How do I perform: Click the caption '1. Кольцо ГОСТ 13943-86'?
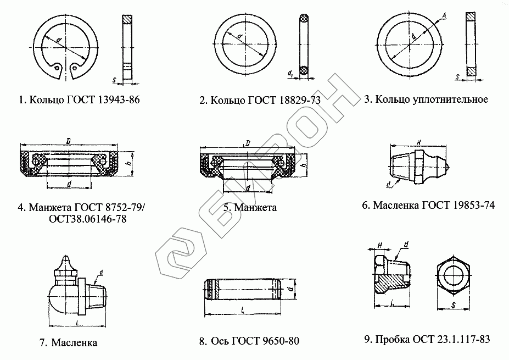point(75,100)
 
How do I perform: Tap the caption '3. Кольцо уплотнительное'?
point(426,99)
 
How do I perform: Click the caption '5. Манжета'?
point(250,208)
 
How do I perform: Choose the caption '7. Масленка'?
point(68,342)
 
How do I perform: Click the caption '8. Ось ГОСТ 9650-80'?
point(249,341)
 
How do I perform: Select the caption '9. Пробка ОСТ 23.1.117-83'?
point(427,340)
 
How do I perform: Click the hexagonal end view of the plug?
point(454,274)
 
